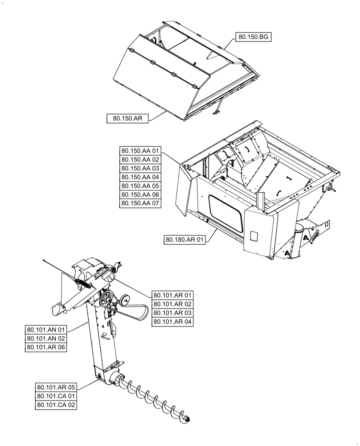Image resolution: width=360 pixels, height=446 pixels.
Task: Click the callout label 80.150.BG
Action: tap(253, 38)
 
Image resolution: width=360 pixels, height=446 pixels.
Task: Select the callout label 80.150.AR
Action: tap(127, 118)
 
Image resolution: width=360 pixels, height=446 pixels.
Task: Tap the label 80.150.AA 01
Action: tap(140, 150)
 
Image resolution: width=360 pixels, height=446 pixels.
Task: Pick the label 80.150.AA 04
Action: tap(140, 177)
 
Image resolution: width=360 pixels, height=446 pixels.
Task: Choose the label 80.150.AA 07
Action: tap(140, 204)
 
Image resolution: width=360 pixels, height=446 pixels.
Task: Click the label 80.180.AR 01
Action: tap(184, 240)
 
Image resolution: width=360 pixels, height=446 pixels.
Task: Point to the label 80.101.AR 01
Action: tap(172, 295)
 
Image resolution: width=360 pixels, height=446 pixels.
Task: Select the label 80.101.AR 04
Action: tap(172, 322)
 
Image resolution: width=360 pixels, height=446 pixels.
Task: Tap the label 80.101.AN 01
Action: tap(46, 330)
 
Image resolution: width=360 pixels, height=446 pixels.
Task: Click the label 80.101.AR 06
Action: tap(46, 347)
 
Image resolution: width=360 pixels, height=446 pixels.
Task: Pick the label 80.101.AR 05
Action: tap(57, 387)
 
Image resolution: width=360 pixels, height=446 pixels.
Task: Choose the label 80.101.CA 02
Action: tap(57, 405)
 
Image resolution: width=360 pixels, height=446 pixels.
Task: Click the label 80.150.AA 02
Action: tap(140, 159)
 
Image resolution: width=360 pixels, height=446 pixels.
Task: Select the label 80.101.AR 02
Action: tap(172, 304)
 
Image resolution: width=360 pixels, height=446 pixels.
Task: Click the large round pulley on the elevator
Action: tap(106, 299)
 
